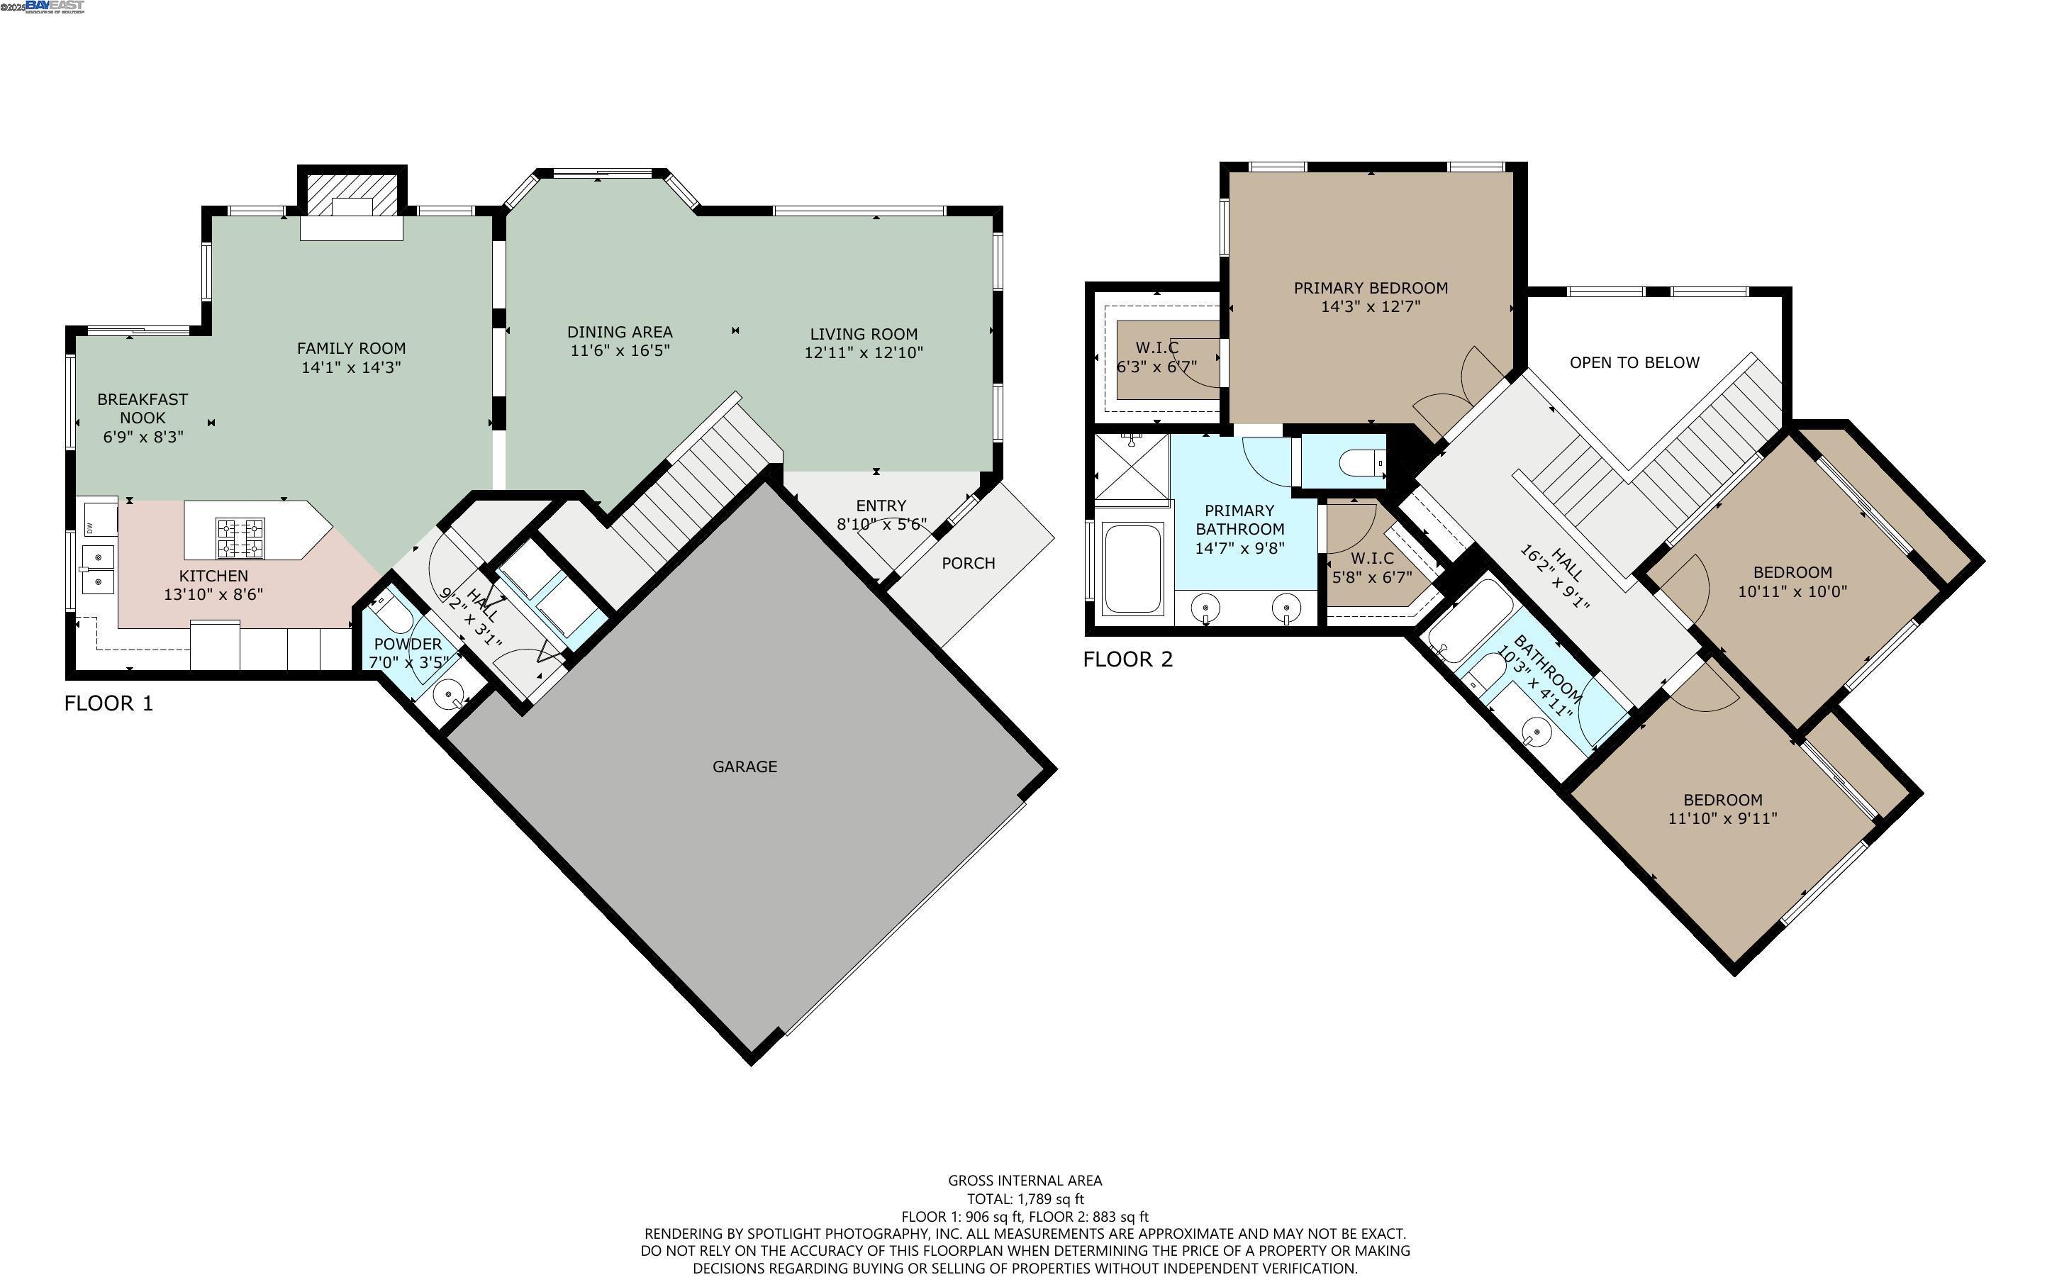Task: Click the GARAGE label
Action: [745, 767]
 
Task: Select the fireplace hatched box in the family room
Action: [352, 196]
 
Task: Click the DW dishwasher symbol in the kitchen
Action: [90, 528]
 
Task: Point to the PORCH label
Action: [968, 563]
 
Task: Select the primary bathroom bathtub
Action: [1132, 568]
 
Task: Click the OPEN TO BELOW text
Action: [1634, 363]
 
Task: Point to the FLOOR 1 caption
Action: [108, 703]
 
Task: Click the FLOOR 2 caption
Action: [1128, 659]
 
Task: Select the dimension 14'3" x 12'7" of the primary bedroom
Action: [1371, 307]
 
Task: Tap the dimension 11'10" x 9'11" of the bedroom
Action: [1722, 818]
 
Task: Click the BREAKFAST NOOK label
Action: [143, 408]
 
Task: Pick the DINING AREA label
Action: [620, 333]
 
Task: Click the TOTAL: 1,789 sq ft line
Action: [1025, 1199]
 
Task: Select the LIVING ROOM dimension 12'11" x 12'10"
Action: [863, 352]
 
